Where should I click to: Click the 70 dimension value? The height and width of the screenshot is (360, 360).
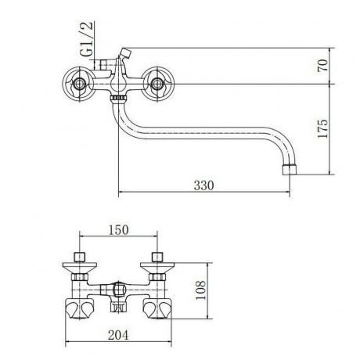click(x=322, y=66)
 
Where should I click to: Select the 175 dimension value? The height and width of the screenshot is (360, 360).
click(x=322, y=129)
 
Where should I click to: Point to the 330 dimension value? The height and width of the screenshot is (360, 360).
click(x=203, y=185)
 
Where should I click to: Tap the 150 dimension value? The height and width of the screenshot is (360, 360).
click(x=119, y=230)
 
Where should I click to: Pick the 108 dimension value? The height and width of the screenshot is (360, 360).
click(x=200, y=290)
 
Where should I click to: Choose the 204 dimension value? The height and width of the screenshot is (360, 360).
click(x=118, y=335)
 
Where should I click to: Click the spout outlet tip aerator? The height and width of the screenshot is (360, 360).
click(x=290, y=170)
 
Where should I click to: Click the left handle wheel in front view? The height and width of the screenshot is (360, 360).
click(x=78, y=84)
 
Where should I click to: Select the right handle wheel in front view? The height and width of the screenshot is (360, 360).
click(x=157, y=84)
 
